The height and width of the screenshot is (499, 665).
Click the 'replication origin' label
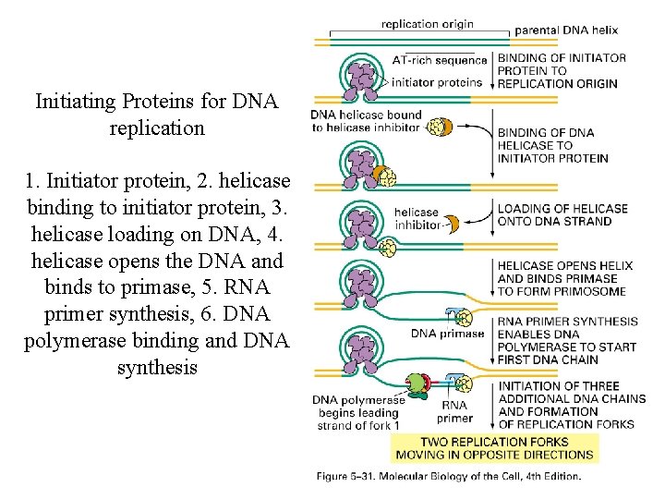click(427, 24)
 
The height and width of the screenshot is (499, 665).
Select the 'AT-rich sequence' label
click(439, 60)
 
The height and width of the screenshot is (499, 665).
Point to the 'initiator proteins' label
click(437, 81)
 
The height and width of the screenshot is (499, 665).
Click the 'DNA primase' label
click(447, 334)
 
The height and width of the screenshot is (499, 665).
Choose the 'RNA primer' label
click(454, 411)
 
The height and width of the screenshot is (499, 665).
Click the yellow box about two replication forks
click(494, 447)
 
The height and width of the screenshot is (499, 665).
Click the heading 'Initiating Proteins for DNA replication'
click(156, 115)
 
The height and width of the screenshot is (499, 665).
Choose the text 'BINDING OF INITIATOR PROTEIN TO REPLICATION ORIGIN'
click(561, 70)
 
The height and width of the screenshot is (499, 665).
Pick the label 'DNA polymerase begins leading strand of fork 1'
click(356, 413)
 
